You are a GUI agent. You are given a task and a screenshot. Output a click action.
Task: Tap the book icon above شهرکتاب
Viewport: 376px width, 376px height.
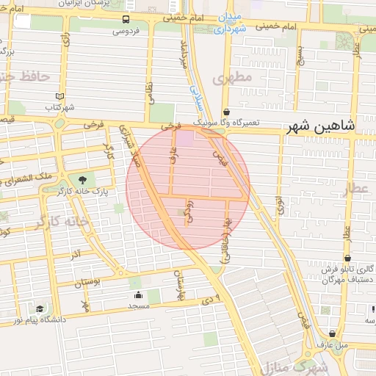pos(60,96)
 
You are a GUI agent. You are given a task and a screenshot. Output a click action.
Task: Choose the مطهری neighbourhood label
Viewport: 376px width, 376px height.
pos(232,76)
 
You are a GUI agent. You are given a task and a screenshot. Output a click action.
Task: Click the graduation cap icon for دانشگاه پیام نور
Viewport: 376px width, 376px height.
pos(40,309)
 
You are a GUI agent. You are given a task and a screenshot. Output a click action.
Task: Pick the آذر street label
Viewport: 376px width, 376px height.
pos(75,253)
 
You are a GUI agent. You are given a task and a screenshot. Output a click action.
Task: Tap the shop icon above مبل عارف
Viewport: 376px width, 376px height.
pos(319,331)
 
